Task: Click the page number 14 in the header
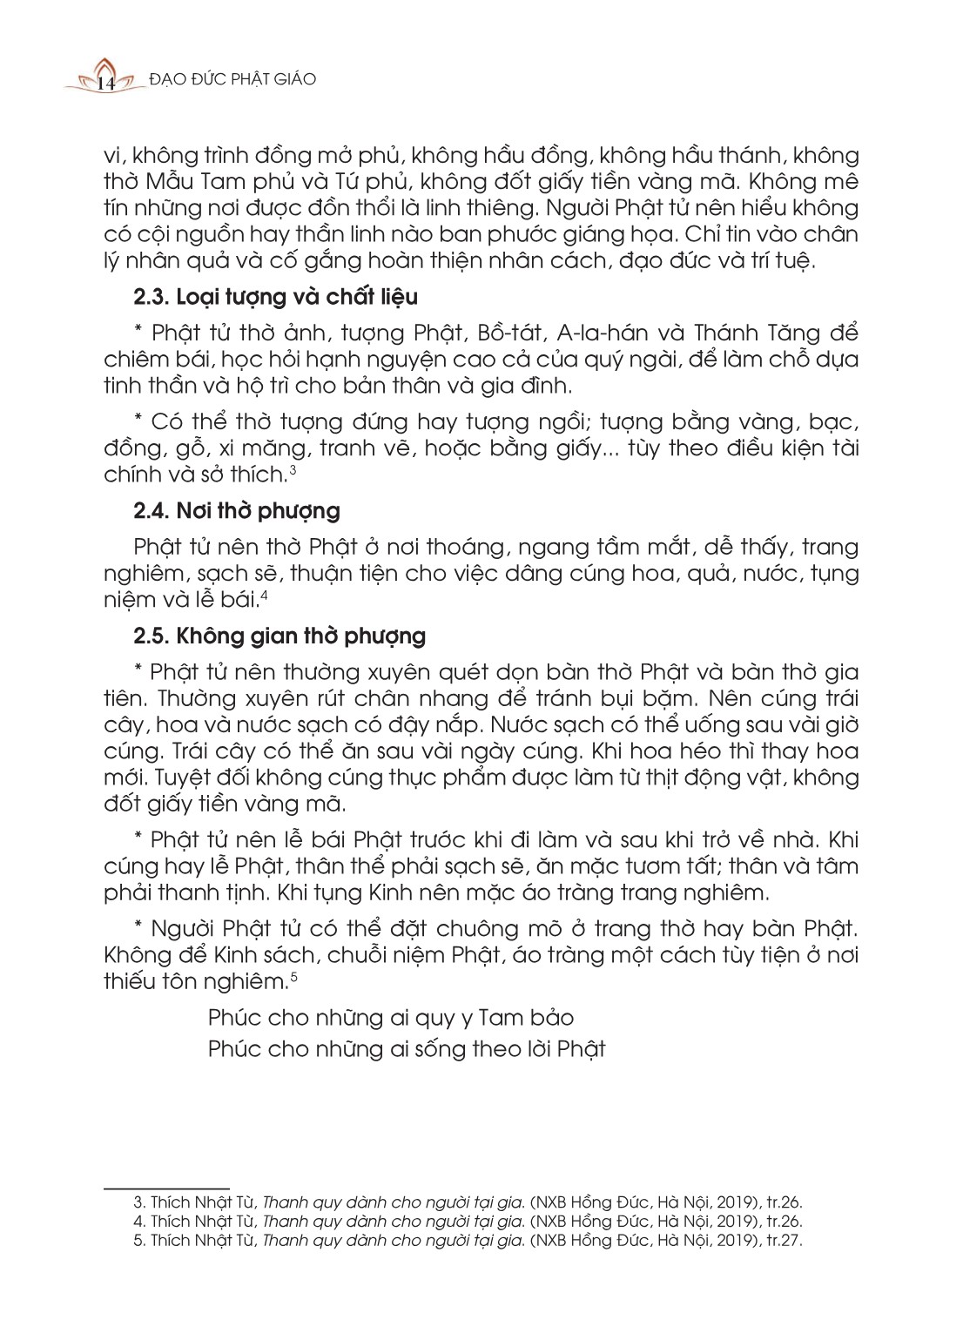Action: click(x=106, y=83)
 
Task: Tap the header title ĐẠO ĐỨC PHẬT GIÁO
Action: click(x=232, y=79)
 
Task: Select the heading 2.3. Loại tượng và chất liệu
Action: click(x=275, y=297)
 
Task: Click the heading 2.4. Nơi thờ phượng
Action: click(x=237, y=510)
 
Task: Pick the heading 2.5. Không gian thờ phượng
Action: click(x=279, y=636)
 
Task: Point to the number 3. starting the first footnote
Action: click(x=139, y=1202)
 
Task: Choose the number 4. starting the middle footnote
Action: click(x=139, y=1222)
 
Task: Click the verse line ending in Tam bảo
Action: click(x=391, y=1018)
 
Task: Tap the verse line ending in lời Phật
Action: click(x=407, y=1048)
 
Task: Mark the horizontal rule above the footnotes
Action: click(x=166, y=1188)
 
